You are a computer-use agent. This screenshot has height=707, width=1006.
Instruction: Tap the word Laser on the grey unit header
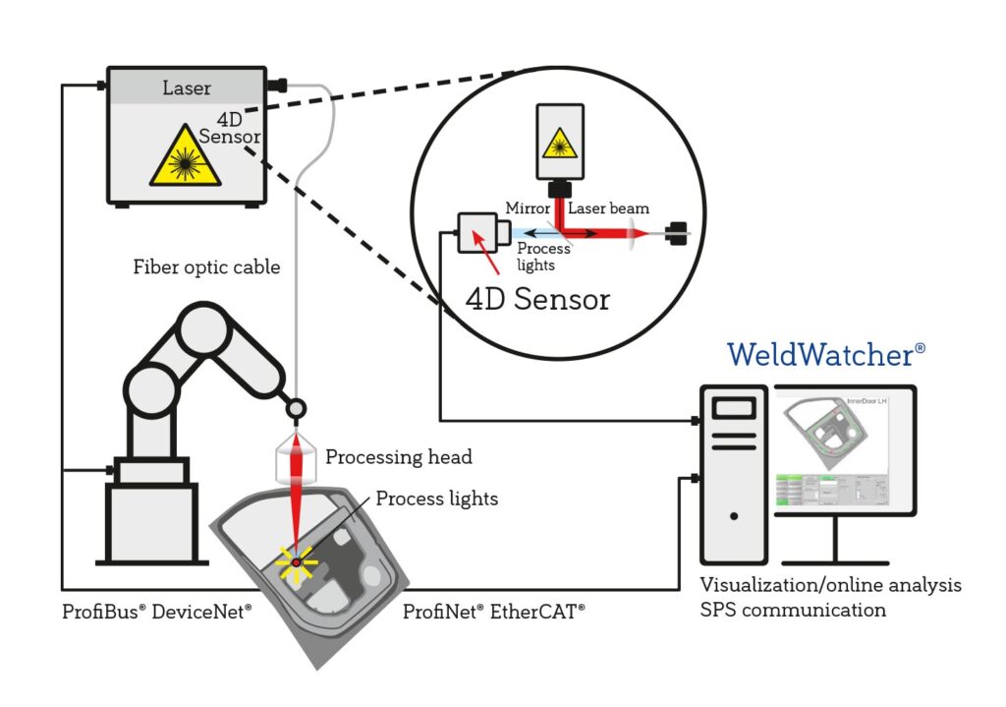click(x=186, y=88)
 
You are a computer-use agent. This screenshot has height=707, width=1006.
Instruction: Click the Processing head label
click(x=398, y=457)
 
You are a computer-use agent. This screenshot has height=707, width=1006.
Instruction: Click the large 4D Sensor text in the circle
click(x=536, y=298)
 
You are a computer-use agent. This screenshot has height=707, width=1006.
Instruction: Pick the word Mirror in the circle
click(x=527, y=208)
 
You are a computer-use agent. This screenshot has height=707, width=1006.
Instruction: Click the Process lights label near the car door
click(x=436, y=500)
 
